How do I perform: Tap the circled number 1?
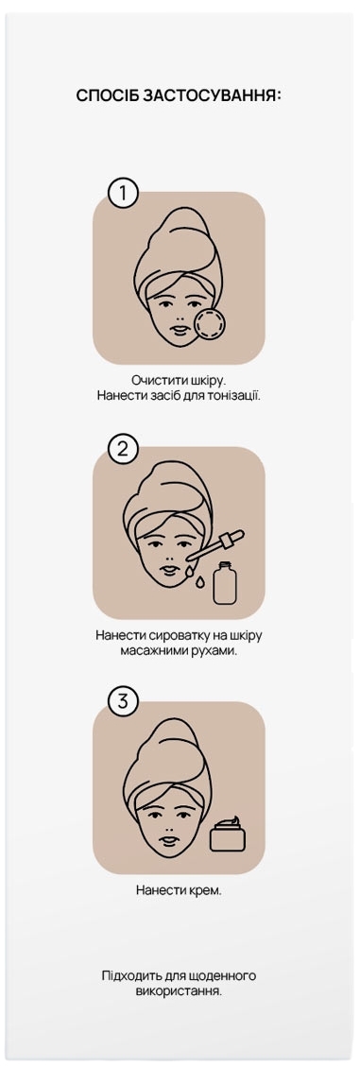pyautogui.click(x=122, y=194)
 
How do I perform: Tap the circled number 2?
pyautogui.click(x=122, y=449)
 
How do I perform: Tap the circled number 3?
pyautogui.click(x=122, y=703)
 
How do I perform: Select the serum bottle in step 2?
pyautogui.click(x=224, y=583)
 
